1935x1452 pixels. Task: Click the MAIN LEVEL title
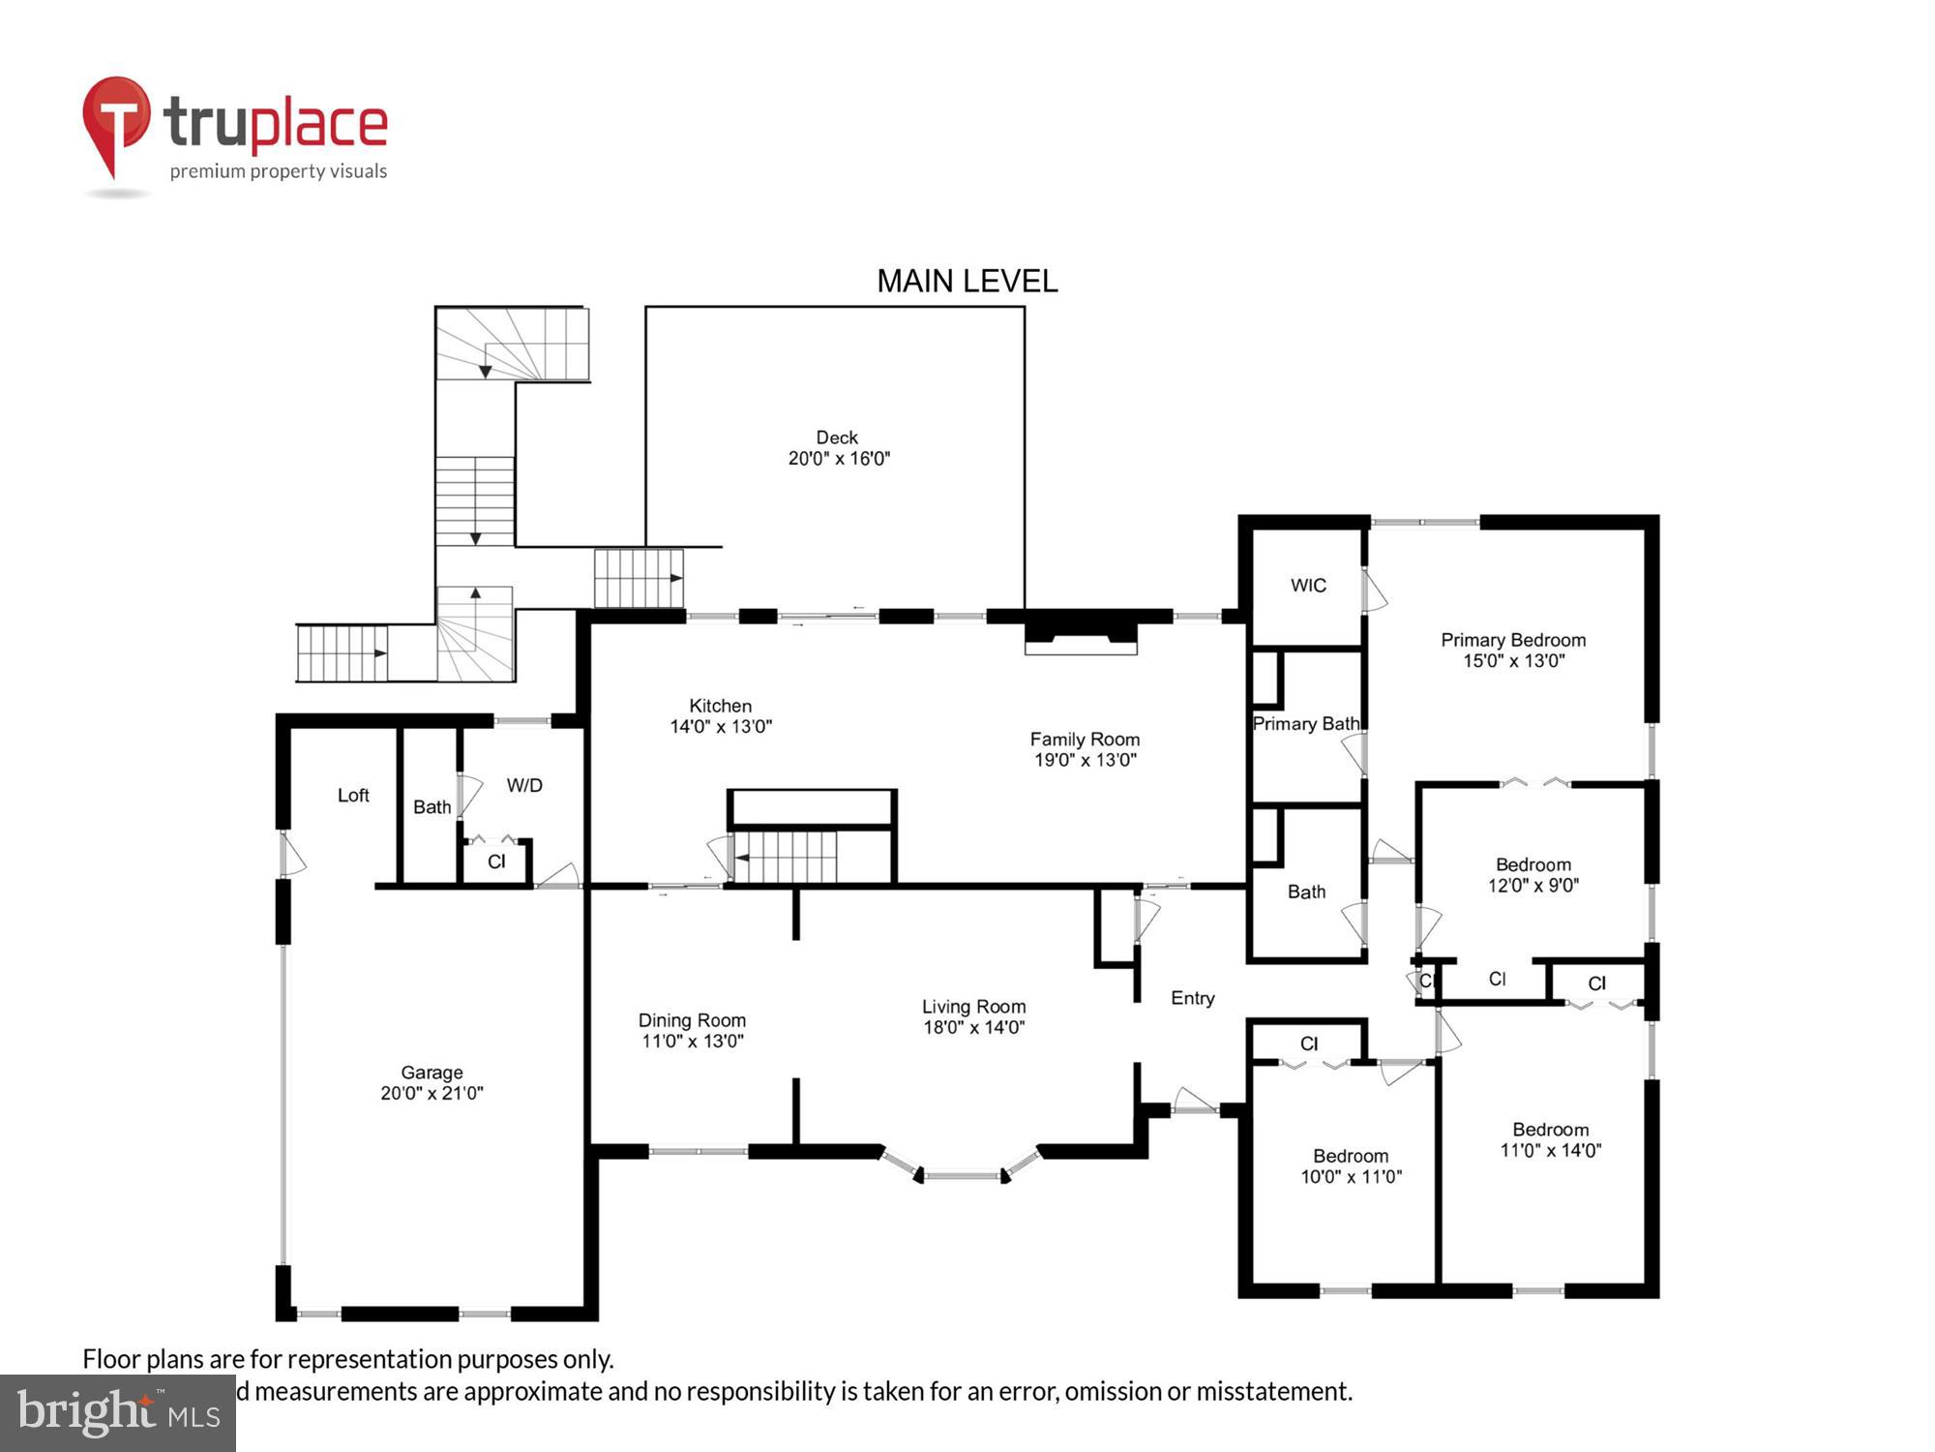[x=967, y=282]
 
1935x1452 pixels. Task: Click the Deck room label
[x=837, y=438]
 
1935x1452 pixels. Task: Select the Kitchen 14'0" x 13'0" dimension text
[x=721, y=727]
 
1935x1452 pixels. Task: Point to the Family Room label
[x=1085, y=740]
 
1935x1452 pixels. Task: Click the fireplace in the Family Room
[x=1081, y=636]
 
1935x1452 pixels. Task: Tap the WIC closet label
[x=1308, y=586]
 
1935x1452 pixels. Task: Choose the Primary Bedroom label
[x=1513, y=640]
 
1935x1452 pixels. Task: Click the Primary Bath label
[x=1305, y=724]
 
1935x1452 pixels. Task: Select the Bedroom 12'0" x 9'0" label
[x=1533, y=874]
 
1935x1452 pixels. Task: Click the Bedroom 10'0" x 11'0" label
[x=1351, y=1165]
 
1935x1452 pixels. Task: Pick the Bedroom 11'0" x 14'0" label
[x=1551, y=1139]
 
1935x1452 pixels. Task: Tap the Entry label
[x=1192, y=998]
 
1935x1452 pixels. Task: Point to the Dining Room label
[x=692, y=1020]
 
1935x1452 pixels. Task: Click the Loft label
[x=353, y=796]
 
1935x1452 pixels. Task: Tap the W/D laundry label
[x=524, y=786]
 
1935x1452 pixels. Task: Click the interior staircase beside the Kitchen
[x=786, y=857]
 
